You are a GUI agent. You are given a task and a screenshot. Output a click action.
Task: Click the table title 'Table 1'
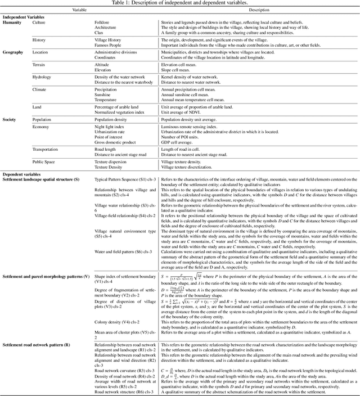pyautogui.click(x=180, y=3)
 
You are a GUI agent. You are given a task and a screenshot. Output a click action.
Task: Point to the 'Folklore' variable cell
pyautogui.click(x=102, y=22)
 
